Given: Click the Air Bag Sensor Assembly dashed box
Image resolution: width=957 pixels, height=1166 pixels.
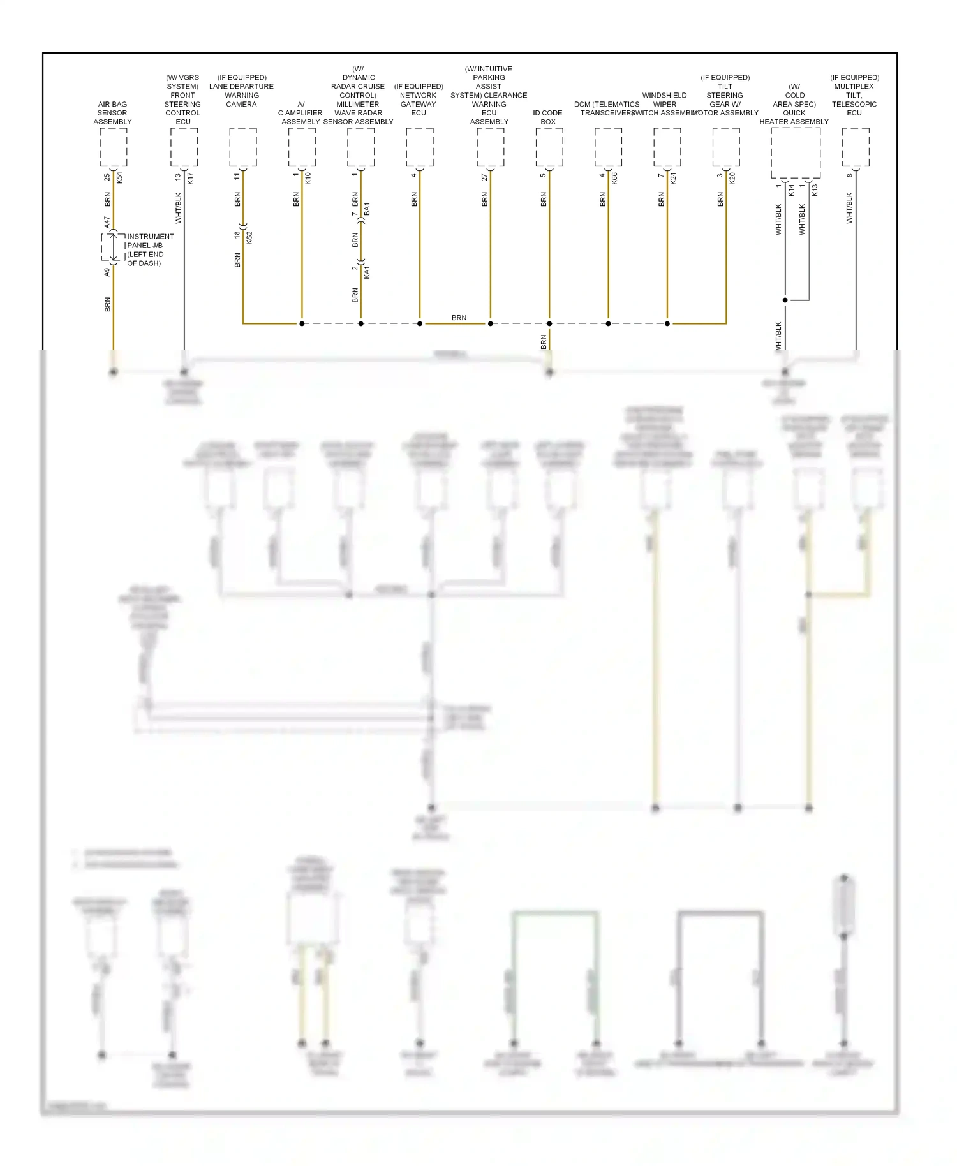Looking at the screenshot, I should point(114,147).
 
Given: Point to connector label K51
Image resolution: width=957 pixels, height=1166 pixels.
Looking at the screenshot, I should point(119,178).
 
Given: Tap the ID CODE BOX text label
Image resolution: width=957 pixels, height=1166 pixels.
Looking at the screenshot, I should point(547,117).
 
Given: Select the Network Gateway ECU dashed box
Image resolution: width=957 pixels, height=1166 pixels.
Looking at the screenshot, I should point(420,147).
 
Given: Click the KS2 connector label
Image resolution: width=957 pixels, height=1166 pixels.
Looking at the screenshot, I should point(249,237).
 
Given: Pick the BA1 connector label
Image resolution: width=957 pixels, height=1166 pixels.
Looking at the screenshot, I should point(367,209).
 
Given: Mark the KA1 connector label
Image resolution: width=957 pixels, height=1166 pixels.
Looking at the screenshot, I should point(367,273).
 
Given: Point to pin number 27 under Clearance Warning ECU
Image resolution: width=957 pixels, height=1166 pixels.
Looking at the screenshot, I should point(484,177).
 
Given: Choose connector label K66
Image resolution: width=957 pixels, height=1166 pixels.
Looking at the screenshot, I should point(614,178).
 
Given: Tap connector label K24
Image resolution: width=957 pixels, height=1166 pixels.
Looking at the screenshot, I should point(673,178).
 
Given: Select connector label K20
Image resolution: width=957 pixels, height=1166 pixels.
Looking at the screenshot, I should point(732,178).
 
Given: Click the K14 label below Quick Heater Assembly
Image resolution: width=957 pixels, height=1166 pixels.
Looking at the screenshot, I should point(791,189).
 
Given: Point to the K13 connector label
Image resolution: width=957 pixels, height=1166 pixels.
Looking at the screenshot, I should point(815,189).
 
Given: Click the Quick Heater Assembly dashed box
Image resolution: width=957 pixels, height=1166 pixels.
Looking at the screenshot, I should point(796,153).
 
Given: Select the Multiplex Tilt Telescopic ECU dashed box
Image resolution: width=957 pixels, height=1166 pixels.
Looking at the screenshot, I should point(856,147).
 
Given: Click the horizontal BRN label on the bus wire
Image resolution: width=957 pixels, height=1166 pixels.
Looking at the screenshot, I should point(459,318).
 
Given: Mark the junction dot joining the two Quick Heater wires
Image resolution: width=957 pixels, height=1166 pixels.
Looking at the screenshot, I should point(785,300).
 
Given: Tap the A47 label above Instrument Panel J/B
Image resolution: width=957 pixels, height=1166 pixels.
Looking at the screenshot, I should point(107,222).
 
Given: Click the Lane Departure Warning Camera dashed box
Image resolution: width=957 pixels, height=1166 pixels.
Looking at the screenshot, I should point(243,147).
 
